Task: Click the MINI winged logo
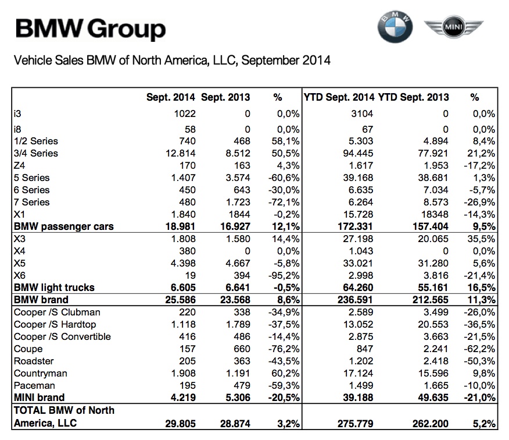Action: tap(454, 27)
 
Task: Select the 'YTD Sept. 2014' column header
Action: tap(339, 97)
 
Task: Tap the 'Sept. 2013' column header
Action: tap(225, 97)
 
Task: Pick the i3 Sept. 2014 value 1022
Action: tap(184, 114)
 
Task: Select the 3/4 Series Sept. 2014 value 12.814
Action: tap(179, 154)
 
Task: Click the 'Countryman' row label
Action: tap(40, 374)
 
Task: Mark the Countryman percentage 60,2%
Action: tap(287, 374)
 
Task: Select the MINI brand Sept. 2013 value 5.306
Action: tap(235, 398)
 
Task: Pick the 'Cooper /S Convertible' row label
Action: tap(62, 337)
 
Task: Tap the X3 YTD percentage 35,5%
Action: tap(482, 239)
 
